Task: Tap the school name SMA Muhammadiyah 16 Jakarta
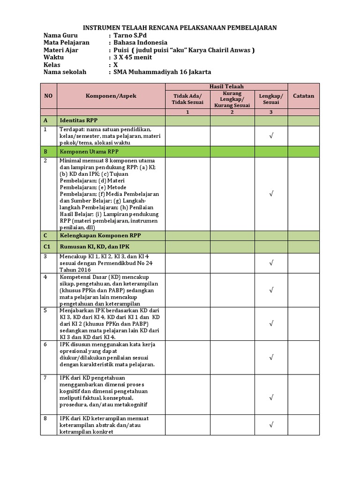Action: coord(162,72)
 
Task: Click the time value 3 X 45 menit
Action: coord(133,57)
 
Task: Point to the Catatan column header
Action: coord(303,96)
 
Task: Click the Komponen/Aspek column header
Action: coord(111,96)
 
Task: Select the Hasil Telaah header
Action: coord(226,86)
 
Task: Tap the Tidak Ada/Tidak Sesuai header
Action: coord(187,99)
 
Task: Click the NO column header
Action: coord(48,96)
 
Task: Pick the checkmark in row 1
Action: coord(271,136)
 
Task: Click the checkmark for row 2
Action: coord(271,194)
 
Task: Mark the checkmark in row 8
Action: coord(271,425)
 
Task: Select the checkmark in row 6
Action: coord(271,358)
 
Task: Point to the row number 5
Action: coord(45,310)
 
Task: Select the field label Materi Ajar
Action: coord(61,50)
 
